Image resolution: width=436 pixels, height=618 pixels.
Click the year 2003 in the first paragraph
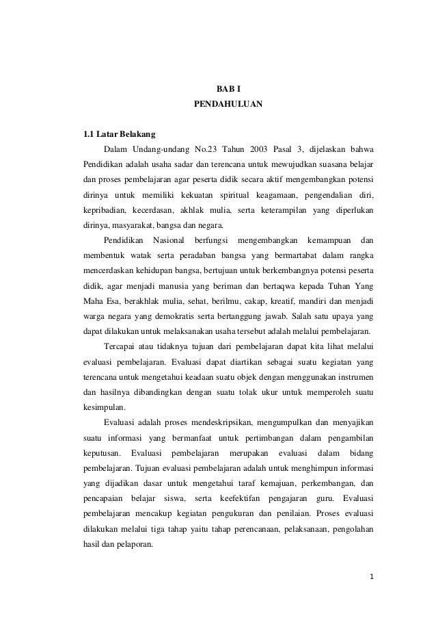click(x=252, y=149)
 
